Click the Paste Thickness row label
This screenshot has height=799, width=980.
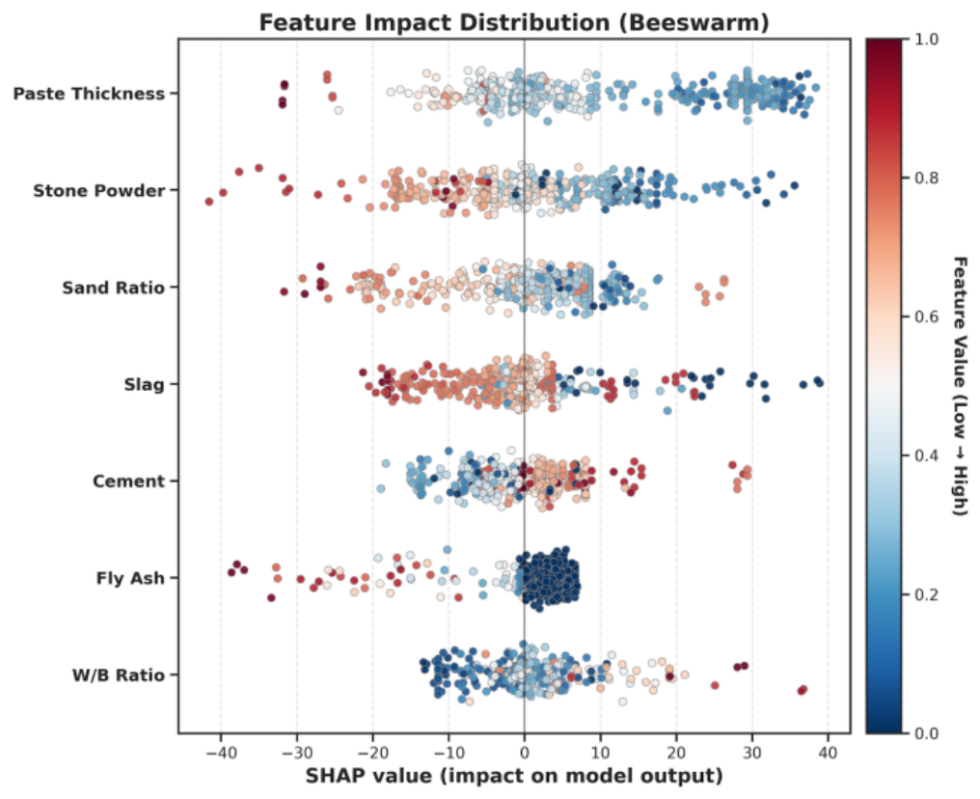(89, 94)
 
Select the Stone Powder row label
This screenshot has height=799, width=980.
(98, 191)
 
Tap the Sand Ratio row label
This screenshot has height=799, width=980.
(113, 288)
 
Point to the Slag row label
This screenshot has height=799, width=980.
(145, 384)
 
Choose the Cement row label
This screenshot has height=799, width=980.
(128, 482)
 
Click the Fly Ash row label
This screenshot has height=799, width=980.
(130, 578)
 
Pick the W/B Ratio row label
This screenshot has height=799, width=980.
(118, 675)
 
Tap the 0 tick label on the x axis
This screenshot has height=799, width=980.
(525, 752)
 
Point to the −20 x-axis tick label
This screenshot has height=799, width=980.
(372, 752)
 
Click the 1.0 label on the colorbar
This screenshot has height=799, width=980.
(926, 39)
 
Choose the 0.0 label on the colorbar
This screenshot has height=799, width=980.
(926, 732)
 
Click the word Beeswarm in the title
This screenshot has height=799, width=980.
(698, 22)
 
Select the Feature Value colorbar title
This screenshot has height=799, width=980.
(960, 386)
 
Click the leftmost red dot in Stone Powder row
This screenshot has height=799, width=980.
(208, 202)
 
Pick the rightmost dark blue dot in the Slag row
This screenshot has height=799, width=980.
(819, 382)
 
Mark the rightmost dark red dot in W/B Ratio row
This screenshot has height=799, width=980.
(803, 690)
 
